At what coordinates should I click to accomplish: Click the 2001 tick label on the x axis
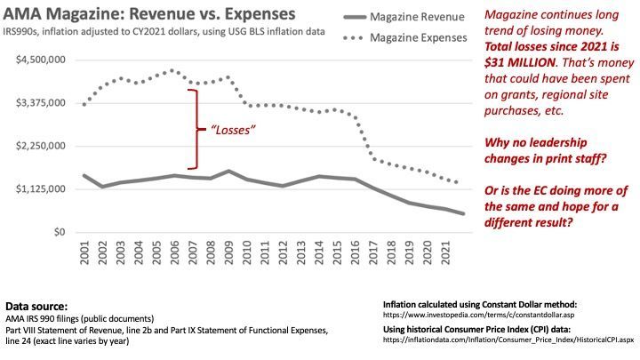pos(84,253)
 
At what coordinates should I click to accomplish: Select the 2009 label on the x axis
pos(230,253)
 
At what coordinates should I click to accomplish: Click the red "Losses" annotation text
pos(232,130)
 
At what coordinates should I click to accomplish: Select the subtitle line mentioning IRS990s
pos(164,33)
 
